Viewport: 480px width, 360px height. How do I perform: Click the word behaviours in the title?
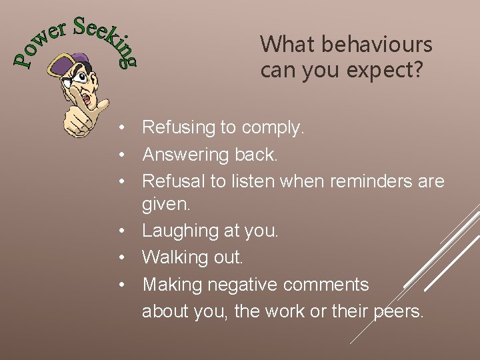[377, 45]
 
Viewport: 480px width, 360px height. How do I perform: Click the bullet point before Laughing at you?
[123, 231]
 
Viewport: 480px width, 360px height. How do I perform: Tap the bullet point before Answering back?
[123, 154]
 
